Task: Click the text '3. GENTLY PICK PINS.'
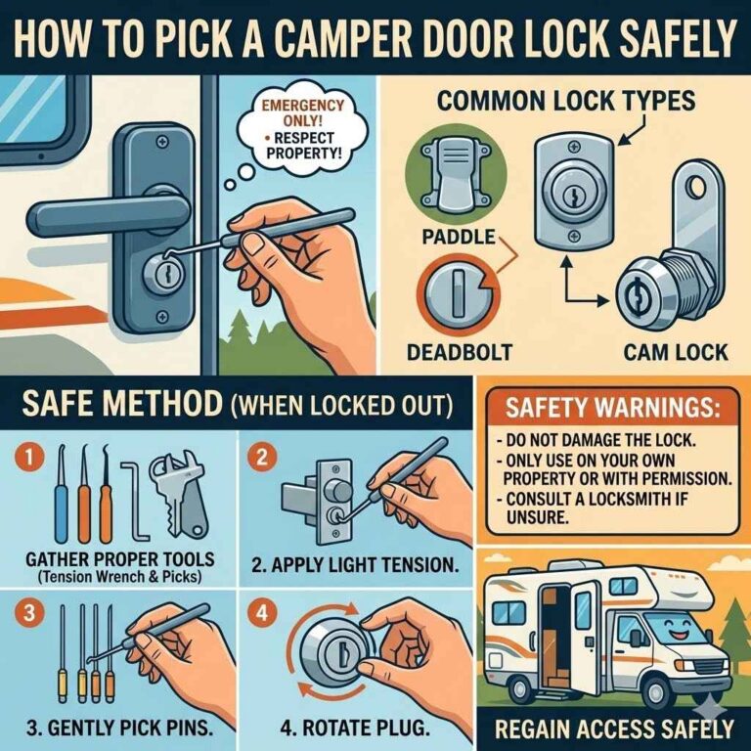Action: [117, 729]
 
